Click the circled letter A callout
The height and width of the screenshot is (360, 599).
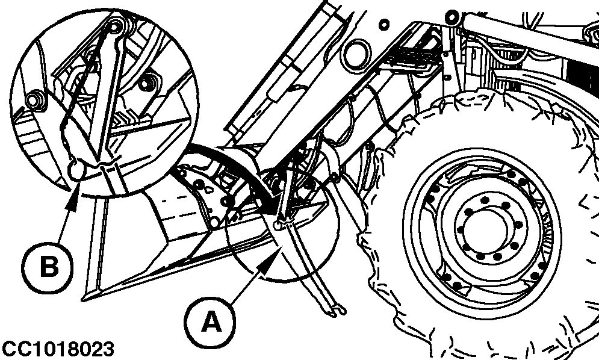(210, 321)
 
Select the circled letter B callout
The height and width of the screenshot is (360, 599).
(47, 267)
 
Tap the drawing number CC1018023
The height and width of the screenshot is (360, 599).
(58, 350)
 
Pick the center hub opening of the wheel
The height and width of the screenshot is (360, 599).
(485, 232)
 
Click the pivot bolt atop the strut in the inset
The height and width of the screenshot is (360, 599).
(114, 26)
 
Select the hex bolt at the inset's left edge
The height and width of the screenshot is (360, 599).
(33, 100)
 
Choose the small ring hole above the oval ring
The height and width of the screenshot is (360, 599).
(384, 25)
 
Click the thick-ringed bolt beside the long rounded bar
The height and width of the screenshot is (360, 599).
(452, 16)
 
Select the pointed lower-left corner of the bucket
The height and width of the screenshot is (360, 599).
(83, 300)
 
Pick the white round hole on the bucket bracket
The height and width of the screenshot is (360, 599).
(214, 222)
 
